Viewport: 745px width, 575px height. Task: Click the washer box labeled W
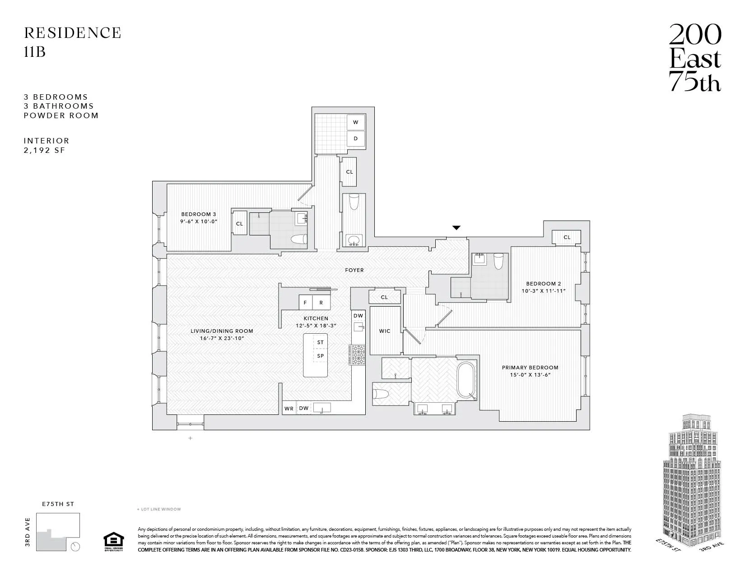pos(355,122)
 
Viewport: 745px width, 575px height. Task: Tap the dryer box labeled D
pos(355,138)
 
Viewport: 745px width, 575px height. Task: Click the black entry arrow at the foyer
pos(456,228)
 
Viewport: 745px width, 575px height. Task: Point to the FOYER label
pos(354,270)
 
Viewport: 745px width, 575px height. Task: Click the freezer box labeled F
pos(305,303)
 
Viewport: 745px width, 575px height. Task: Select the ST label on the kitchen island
pos(320,342)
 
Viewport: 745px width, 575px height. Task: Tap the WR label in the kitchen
pos(289,409)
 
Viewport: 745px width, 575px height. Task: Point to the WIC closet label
pos(385,331)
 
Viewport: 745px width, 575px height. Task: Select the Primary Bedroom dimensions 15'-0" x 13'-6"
pos(530,375)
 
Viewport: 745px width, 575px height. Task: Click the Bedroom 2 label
pos(543,284)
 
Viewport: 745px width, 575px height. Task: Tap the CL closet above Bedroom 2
pos(567,237)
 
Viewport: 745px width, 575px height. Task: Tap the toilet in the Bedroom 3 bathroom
pos(298,239)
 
